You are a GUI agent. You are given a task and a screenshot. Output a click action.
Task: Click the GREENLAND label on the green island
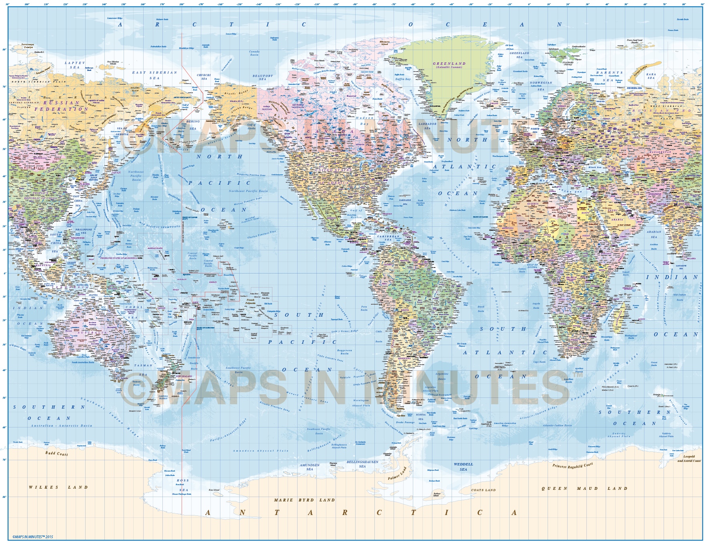(449, 64)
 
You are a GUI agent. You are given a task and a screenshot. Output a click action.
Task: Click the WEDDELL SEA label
(463, 467)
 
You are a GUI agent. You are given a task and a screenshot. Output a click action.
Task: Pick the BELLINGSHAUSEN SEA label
(362, 464)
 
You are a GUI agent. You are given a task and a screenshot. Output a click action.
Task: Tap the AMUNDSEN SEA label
(310, 467)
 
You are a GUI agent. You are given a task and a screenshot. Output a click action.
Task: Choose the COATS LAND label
(483, 490)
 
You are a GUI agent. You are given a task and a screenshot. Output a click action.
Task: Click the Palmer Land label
(397, 473)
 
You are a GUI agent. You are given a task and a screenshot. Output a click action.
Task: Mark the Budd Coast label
(56, 453)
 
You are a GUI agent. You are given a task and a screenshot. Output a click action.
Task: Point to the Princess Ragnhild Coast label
(572, 465)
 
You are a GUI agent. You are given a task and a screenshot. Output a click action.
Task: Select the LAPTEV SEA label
(75, 65)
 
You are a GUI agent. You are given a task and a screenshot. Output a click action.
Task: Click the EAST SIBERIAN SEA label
(154, 75)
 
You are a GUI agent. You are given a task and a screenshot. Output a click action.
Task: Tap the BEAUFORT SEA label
(262, 77)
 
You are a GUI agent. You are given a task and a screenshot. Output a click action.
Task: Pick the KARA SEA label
(651, 76)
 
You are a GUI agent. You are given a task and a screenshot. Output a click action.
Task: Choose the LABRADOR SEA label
(427, 126)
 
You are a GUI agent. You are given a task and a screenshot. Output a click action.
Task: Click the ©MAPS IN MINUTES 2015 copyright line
(33, 537)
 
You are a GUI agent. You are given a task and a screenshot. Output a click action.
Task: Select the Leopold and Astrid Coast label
(689, 459)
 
